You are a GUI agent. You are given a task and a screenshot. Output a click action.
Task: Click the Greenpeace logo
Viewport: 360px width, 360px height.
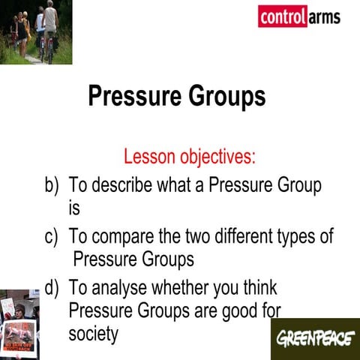(x=314, y=339)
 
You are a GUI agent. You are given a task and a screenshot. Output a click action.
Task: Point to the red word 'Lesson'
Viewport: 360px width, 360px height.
(x=149, y=157)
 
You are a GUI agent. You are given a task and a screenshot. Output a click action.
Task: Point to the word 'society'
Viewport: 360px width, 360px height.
(x=93, y=334)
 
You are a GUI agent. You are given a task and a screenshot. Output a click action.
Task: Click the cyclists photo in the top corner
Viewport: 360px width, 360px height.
(x=36, y=31)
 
